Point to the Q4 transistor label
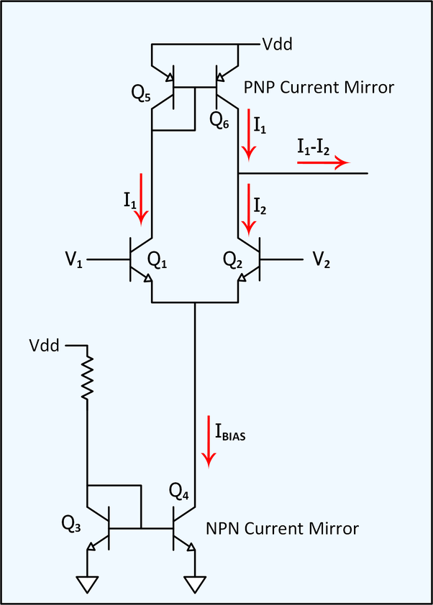[x=178, y=492]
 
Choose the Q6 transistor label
[x=219, y=119]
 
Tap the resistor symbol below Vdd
[x=87, y=378]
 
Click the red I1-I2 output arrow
[x=322, y=162]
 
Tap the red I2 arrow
[x=249, y=209]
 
